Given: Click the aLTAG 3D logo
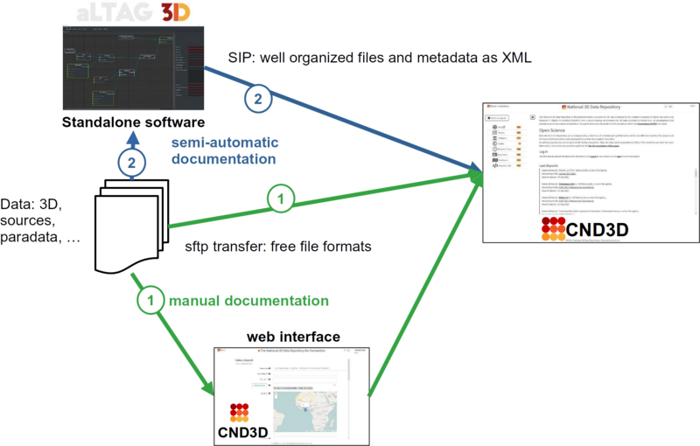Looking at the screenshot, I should [127, 12].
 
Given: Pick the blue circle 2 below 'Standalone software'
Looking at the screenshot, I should [131, 163].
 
